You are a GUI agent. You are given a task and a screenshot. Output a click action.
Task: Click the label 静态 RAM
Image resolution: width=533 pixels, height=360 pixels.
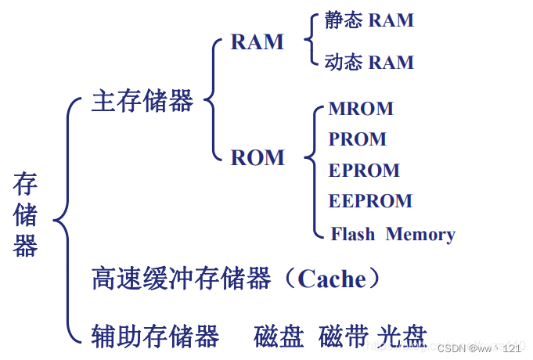369,20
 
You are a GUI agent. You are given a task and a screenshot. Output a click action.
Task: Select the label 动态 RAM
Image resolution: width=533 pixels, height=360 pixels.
369,62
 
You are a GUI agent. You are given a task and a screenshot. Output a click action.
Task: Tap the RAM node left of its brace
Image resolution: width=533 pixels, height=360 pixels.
257,41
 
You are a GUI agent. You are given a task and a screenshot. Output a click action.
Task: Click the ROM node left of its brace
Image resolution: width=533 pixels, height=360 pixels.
257,157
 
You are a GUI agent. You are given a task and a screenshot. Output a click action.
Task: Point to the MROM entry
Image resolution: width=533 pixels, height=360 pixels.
361,109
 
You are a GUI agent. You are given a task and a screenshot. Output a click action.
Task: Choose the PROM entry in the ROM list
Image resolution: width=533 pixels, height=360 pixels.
358,139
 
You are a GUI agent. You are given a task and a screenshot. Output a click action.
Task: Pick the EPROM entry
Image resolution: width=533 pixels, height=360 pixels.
364,171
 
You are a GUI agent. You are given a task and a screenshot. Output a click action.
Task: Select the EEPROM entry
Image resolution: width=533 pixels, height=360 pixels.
370,201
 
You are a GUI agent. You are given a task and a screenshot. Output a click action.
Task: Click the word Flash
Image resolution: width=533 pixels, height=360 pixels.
353,234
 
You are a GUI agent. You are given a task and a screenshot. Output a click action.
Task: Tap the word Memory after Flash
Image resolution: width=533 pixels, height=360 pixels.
420,234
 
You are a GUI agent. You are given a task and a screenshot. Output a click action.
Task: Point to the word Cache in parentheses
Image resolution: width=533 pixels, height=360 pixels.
332,279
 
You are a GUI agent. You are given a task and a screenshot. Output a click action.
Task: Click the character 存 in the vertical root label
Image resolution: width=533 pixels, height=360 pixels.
25,186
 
